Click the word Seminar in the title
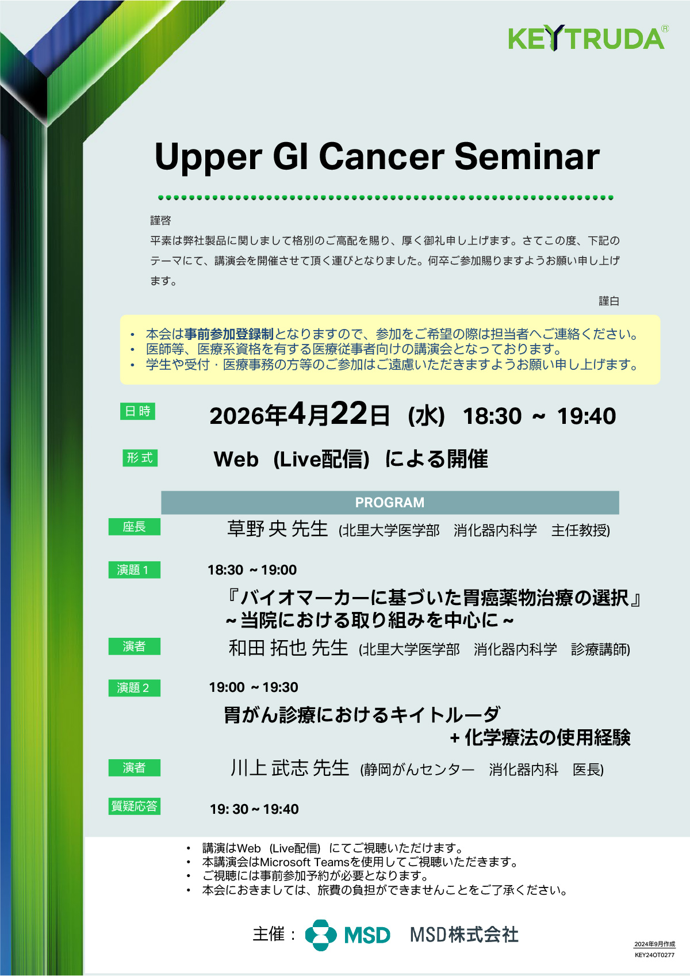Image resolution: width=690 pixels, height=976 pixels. click(x=527, y=156)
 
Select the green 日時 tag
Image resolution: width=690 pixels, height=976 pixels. click(x=137, y=411)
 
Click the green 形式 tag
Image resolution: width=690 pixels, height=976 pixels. click(x=140, y=458)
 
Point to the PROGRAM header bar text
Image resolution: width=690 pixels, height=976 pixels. click(x=390, y=503)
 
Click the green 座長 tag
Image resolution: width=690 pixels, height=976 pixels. click(x=134, y=527)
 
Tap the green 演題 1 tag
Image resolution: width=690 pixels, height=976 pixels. click(x=134, y=570)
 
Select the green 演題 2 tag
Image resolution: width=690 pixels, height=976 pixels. click(x=134, y=688)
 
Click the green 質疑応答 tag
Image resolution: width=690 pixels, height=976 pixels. click(x=134, y=806)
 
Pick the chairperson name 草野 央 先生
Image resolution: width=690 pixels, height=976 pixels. click(x=278, y=529)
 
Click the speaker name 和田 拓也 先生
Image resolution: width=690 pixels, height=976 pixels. click(x=289, y=648)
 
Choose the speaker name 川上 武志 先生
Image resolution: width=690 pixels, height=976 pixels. click(x=290, y=768)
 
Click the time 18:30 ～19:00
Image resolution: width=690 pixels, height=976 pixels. click(x=252, y=570)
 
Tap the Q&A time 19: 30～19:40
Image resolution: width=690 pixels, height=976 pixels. click(x=254, y=810)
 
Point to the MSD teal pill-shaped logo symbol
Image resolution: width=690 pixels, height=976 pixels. click(x=321, y=935)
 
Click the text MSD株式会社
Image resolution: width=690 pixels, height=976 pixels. click(x=465, y=935)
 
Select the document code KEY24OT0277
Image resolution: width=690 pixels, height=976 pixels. click(x=655, y=955)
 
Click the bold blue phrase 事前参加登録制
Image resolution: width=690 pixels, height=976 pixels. click(x=229, y=334)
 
